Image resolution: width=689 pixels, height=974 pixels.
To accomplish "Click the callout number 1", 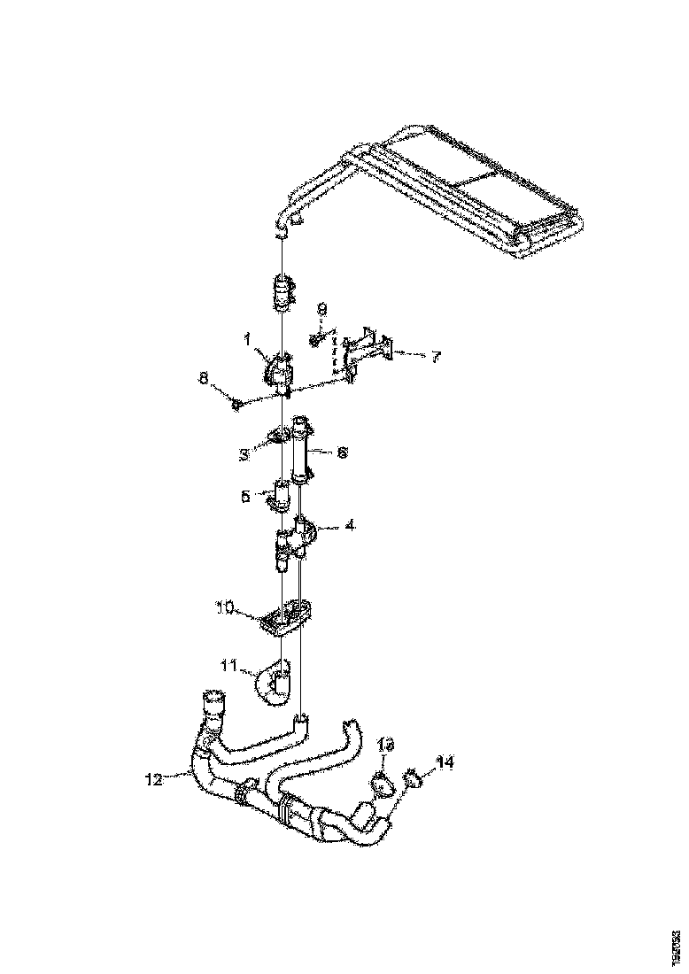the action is (250, 337).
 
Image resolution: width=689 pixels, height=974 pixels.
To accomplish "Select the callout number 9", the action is (321, 309).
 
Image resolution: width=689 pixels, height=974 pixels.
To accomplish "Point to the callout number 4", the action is (351, 525).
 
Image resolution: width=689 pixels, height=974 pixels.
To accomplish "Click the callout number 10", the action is (223, 607).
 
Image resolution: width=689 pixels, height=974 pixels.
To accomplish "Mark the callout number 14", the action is (443, 761).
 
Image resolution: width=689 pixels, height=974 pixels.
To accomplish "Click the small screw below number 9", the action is (315, 337).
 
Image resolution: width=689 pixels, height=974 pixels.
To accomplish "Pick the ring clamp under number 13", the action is (380, 783).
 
